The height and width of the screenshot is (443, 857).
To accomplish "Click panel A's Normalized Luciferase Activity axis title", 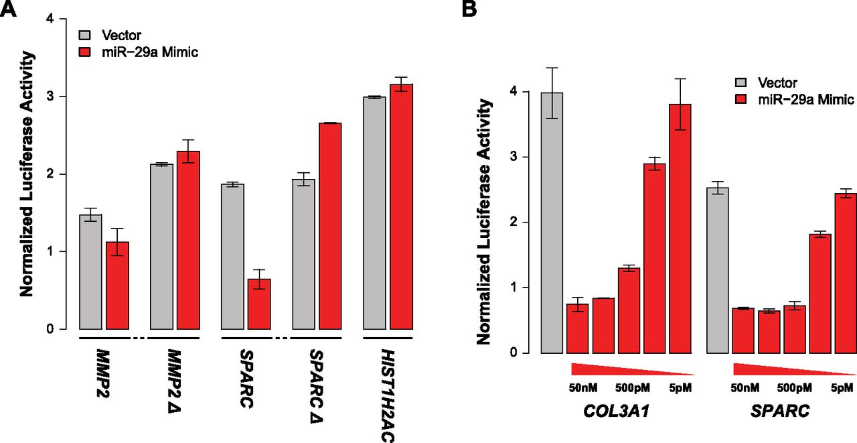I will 26,174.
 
